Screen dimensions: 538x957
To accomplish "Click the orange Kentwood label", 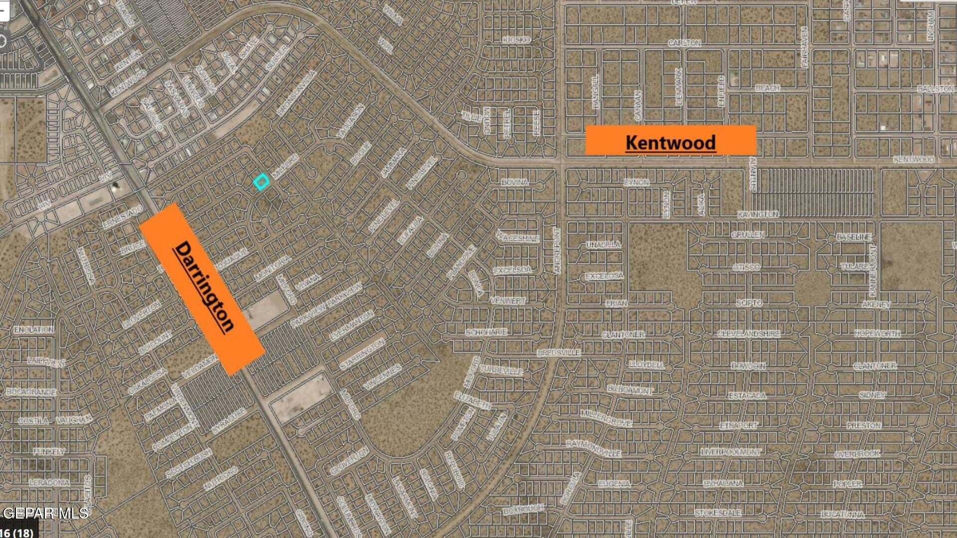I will point(670,140).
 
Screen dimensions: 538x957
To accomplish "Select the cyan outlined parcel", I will point(261,182).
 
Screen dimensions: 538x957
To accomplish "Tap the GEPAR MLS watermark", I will point(45,513).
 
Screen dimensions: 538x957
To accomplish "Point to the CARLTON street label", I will point(684,43).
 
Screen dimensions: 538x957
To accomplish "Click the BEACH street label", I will point(767,88).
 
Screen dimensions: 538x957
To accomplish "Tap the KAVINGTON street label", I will point(758,214).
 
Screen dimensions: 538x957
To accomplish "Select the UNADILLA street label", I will point(603,245).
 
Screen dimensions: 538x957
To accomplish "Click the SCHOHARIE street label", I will point(486,332).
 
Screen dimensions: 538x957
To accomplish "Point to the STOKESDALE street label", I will point(718,512).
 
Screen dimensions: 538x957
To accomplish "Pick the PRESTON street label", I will point(864,425).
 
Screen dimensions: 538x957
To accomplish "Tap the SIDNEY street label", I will point(872,395).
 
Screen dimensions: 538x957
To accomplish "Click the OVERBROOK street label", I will point(857,454).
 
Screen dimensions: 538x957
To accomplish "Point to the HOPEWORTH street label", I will point(877,333).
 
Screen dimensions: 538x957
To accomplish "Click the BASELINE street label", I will point(854,237).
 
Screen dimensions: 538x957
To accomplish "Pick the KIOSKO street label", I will point(516,39).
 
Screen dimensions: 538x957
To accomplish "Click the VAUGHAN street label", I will point(74,420).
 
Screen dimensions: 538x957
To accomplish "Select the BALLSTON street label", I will point(936,89).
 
